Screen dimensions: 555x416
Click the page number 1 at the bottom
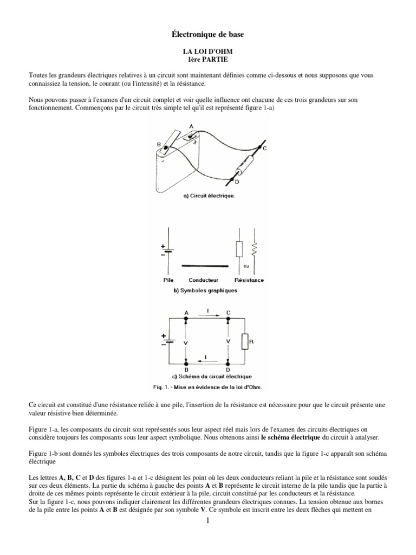(208, 521)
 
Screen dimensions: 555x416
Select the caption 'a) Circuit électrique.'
(209, 196)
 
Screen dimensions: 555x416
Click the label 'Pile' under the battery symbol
(168, 280)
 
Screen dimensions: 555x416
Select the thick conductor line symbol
(203, 266)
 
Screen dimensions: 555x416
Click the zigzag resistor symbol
(253, 251)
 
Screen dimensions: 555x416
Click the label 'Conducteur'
(203, 280)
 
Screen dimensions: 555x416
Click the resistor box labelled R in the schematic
(245, 342)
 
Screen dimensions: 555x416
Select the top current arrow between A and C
(207, 315)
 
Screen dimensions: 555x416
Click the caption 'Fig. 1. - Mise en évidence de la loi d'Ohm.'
(207, 386)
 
